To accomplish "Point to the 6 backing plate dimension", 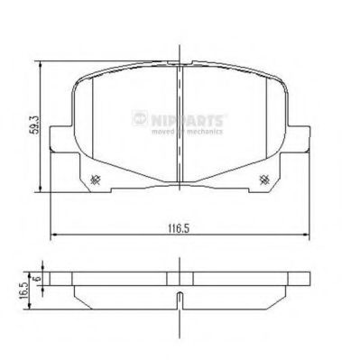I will (x=37, y=281).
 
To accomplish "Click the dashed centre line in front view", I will (x=179, y=126).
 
